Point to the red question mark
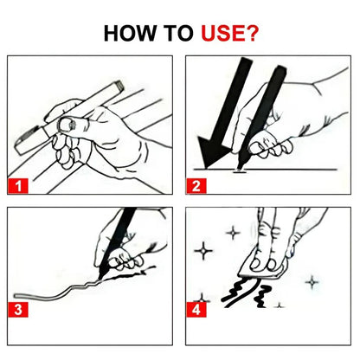[x=256, y=34]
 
